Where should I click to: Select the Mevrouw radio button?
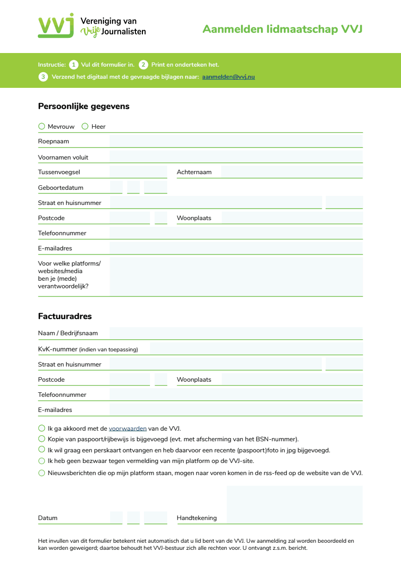[41, 126]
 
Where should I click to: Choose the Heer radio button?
[85, 126]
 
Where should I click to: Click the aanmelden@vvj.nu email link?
[228, 77]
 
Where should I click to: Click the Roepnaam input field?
[236, 141]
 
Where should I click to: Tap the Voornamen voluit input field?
[236, 157]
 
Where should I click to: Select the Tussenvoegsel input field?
[138, 172]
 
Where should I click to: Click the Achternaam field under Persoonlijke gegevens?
[291, 172]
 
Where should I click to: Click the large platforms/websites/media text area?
[236, 276]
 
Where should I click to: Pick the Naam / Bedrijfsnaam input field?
[236, 333]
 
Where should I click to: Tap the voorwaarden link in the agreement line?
[128, 429]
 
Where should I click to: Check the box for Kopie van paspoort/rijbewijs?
[41, 439]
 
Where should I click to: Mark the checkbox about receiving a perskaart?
[41, 449]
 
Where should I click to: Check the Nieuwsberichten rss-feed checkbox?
[41, 473]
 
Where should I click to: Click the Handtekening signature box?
[294, 504]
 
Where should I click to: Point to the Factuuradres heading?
[65, 317]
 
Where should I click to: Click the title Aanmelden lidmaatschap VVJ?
[282, 29]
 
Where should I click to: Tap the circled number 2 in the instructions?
[143, 65]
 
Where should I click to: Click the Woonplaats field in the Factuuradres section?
[291, 380]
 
